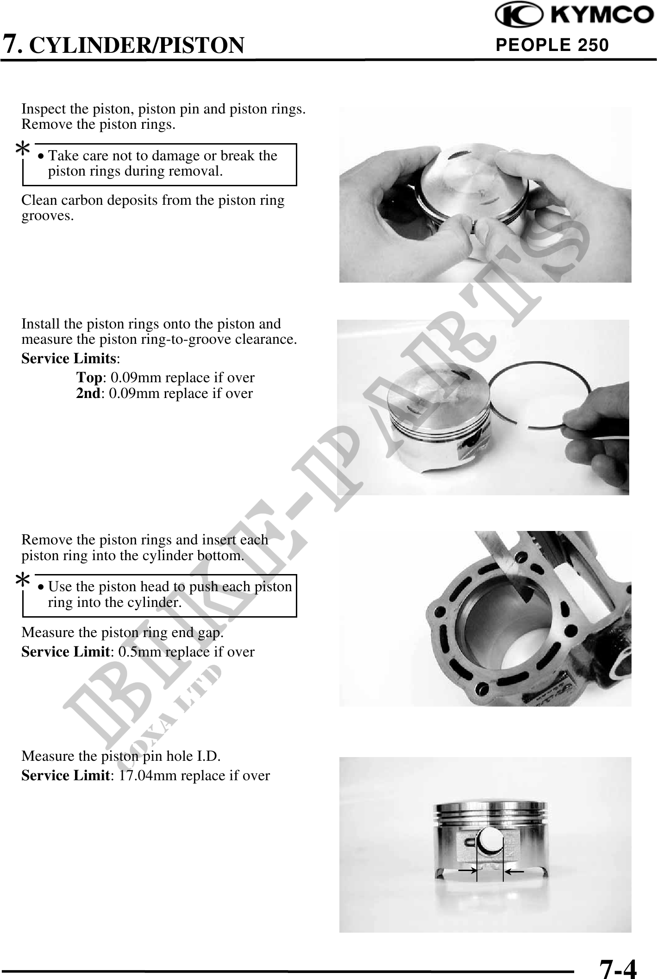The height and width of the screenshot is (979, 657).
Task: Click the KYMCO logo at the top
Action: point(575,16)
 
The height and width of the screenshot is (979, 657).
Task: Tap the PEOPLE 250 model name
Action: point(552,45)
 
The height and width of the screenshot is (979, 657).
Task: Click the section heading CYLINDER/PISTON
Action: point(139,45)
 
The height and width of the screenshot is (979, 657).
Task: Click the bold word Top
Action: point(89,378)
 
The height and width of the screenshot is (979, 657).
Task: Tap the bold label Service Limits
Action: point(69,359)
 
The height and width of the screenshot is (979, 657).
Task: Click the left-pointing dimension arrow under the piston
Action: point(513,872)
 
